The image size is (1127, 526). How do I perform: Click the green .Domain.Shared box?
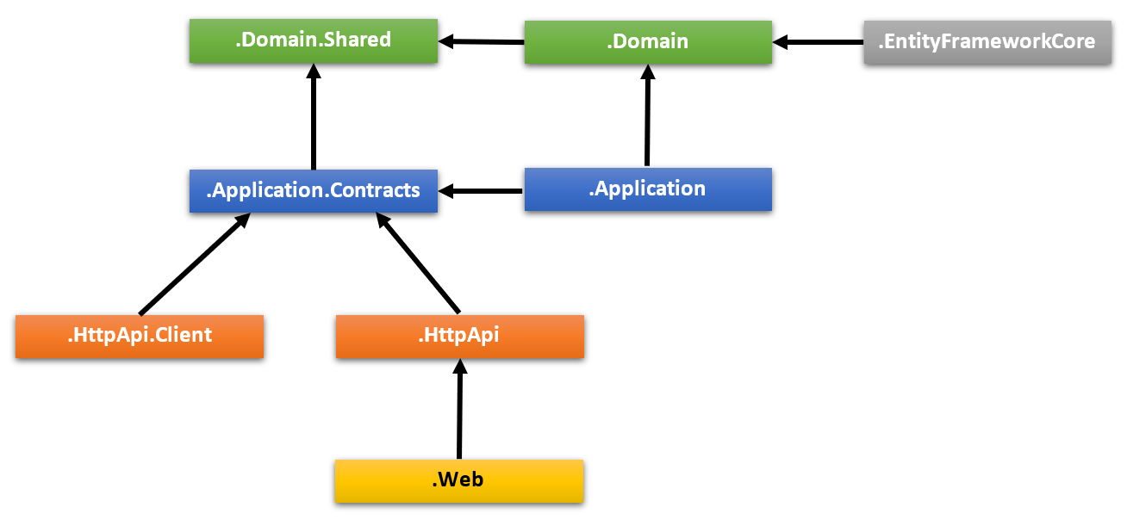pos(313,40)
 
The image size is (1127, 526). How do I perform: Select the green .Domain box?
pos(647,41)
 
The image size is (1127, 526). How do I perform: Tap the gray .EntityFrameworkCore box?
pos(987,41)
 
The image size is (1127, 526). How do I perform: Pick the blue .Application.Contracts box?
pos(313,190)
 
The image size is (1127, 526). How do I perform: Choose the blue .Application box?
pos(647,189)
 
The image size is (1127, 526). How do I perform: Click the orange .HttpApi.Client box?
pos(139,336)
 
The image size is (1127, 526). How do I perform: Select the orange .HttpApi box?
pos(459,336)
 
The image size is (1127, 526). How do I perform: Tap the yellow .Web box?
pos(458,480)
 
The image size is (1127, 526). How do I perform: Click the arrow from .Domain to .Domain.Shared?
pos(483,40)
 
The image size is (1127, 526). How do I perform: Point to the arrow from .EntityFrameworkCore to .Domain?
pos(819,41)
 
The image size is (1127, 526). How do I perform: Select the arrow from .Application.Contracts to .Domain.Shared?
pos(313,121)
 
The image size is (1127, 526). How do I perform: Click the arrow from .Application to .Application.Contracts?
pos(483,190)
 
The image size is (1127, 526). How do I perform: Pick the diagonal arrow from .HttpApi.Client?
pos(194,264)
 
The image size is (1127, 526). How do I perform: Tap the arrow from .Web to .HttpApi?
pos(459,409)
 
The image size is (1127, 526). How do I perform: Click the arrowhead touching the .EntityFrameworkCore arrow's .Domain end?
pos(782,41)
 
